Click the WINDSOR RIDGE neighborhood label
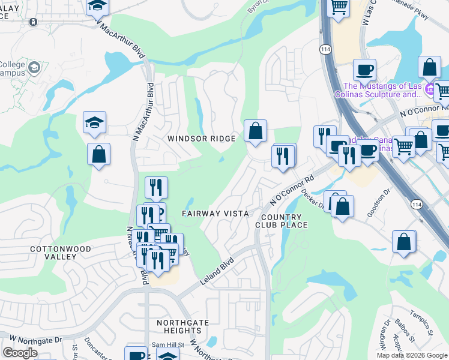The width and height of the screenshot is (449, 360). click(x=201, y=139)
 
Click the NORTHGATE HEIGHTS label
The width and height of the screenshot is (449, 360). click(x=182, y=326)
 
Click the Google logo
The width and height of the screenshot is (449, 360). click(x=20, y=353)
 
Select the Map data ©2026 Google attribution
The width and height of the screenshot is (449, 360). click(x=411, y=355)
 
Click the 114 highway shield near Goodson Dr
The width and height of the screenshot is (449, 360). click(x=416, y=205)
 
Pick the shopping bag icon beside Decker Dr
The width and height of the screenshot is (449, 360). click(x=343, y=206)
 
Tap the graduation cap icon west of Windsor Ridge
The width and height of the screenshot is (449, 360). click(x=94, y=123)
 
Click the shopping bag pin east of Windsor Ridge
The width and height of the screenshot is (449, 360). click(x=255, y=130)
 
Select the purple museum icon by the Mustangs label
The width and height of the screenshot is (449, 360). click(x=430, y=91)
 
